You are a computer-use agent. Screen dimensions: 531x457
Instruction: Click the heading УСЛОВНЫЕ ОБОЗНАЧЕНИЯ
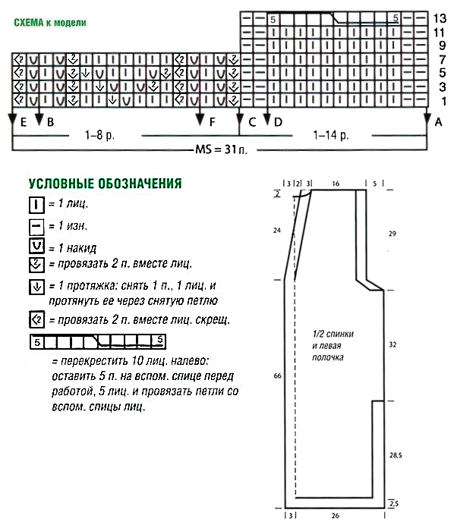(103, 184)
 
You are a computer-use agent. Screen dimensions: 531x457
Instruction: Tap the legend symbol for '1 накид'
(35, 246)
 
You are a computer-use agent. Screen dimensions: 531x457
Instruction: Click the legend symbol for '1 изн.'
(35, 225)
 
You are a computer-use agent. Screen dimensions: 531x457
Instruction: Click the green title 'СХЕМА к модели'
(50, 23)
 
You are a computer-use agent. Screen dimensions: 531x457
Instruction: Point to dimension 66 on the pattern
(276, 375)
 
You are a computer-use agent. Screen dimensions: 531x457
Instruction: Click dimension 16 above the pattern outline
(336, 184)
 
